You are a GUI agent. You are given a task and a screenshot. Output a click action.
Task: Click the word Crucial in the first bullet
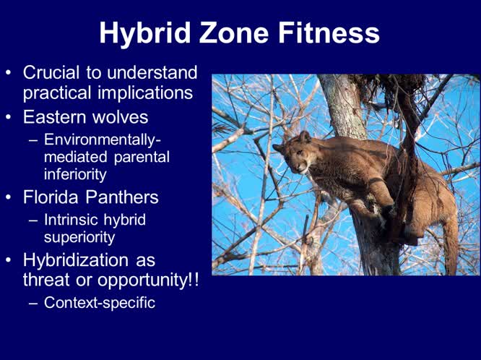click(x=51, y=73)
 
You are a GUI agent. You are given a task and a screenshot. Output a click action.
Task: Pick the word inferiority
click(x=75, y=174)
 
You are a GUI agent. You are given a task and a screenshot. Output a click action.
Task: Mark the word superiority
click(x=79, y=236)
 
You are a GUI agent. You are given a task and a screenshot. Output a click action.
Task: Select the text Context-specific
click(x=100, y=303)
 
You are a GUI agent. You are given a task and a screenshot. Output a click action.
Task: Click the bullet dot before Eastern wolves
click(x=9, y=117)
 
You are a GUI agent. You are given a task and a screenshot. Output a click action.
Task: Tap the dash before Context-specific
click(x=33, y=303)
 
